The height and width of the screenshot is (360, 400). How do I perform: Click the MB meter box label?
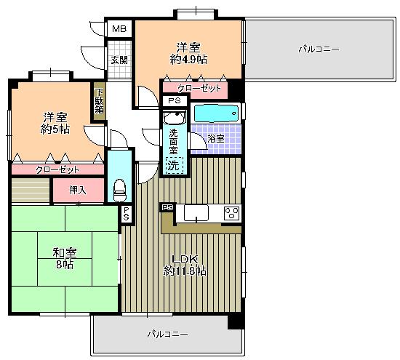click(x=119, y=29)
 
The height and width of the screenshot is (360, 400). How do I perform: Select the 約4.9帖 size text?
click(x=188, y=58)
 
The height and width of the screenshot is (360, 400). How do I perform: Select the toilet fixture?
click(x=120, y=189)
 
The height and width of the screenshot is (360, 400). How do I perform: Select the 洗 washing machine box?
click(x=173, y=165)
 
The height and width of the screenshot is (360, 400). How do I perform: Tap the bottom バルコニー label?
click(x=167, y=335)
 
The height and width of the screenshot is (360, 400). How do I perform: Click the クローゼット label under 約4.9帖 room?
click(x=195, y=88)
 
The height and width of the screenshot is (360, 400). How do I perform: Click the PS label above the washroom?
click(x=174, y=100)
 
